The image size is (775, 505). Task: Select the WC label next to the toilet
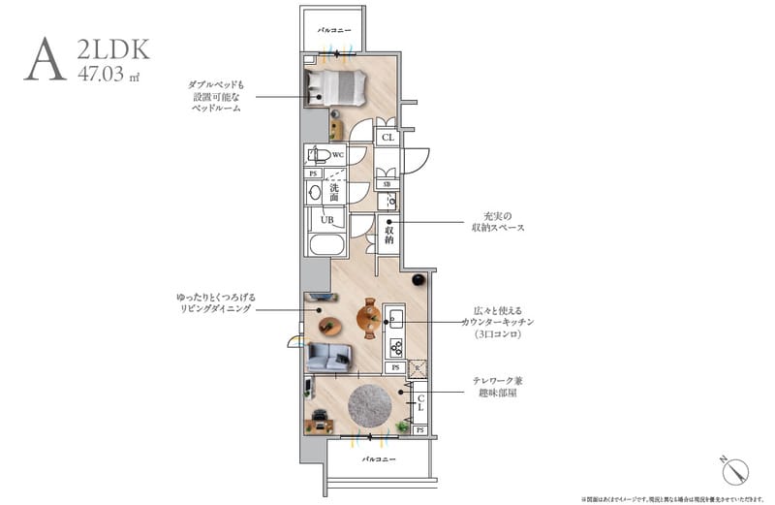pyautogui.click(x=338, y=154)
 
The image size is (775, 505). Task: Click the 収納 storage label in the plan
pyautogui.click(x=388, y=233)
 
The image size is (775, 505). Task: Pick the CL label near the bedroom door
pyautogui.click(x=388, y=139)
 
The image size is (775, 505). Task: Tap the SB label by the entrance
pyautogui.click(x=387, y=184)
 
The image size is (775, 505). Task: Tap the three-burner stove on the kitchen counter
pyautogui.click(x=396, y=345)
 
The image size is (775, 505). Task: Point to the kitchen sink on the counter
pyautogui.click(x=395, y=317)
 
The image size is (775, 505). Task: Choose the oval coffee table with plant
pyautogui.click(x=331, y=326)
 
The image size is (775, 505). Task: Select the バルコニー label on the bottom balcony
pyautogui.click(x=377, y=457)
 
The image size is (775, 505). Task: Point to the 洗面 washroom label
pyautogui.click(x=333, y=191)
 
